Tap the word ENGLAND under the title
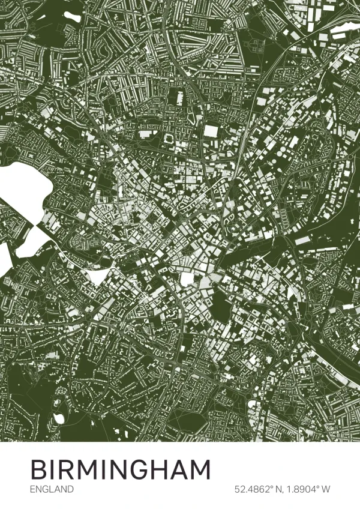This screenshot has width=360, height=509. click(x=52, y=489)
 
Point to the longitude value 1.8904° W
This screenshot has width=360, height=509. click(x=306, y=489)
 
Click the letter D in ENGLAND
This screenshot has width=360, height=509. click(x=70, y=489)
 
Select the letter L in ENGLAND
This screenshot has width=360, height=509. click(x=50, y=489)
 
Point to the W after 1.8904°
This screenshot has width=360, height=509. click(x=326, y=489)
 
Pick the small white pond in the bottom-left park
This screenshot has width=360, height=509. click(x=59, y=418)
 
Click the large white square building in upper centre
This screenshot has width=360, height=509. click(x=211, y=131)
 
